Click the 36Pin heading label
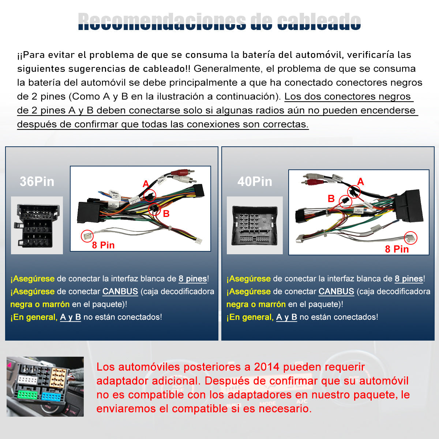(37, 181)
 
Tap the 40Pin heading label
(255, 181)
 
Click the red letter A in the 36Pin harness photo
(146, 184)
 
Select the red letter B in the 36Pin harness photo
(166, 214)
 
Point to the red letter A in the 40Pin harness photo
(361, 181)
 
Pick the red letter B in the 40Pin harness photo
(331, 199)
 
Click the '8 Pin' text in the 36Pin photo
(103, 245)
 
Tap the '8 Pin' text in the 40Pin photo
(397, 249)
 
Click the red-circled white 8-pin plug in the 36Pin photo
(87, 236)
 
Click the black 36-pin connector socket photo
(37, 225)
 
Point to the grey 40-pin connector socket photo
(255, 225)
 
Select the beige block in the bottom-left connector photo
(59, 377)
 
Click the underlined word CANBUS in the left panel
(120, 292)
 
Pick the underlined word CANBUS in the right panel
(336, 292)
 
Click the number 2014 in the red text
(267, 367)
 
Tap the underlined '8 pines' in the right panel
(409, 279)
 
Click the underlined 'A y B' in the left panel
(70, 317)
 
